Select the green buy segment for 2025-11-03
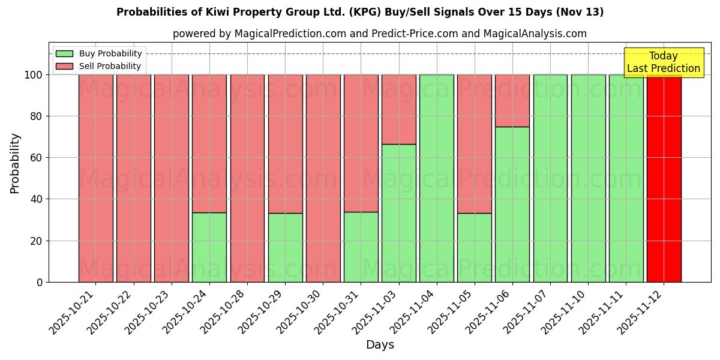(x=398, y=213)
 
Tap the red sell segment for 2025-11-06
(x=512, y=100)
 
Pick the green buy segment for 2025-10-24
(x=209, y=247)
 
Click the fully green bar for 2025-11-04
(x=436, y=178)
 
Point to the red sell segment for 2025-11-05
(x=475, y=144)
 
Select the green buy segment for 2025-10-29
(x=285, y=247)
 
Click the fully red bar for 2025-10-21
(x=95, y=178)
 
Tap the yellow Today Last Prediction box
(x=663, y=62)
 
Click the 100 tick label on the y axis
(x=34, y=75)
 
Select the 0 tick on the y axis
(x=40, y=282)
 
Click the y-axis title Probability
(x=15, y=163)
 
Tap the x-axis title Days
(x=380, y=345)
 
